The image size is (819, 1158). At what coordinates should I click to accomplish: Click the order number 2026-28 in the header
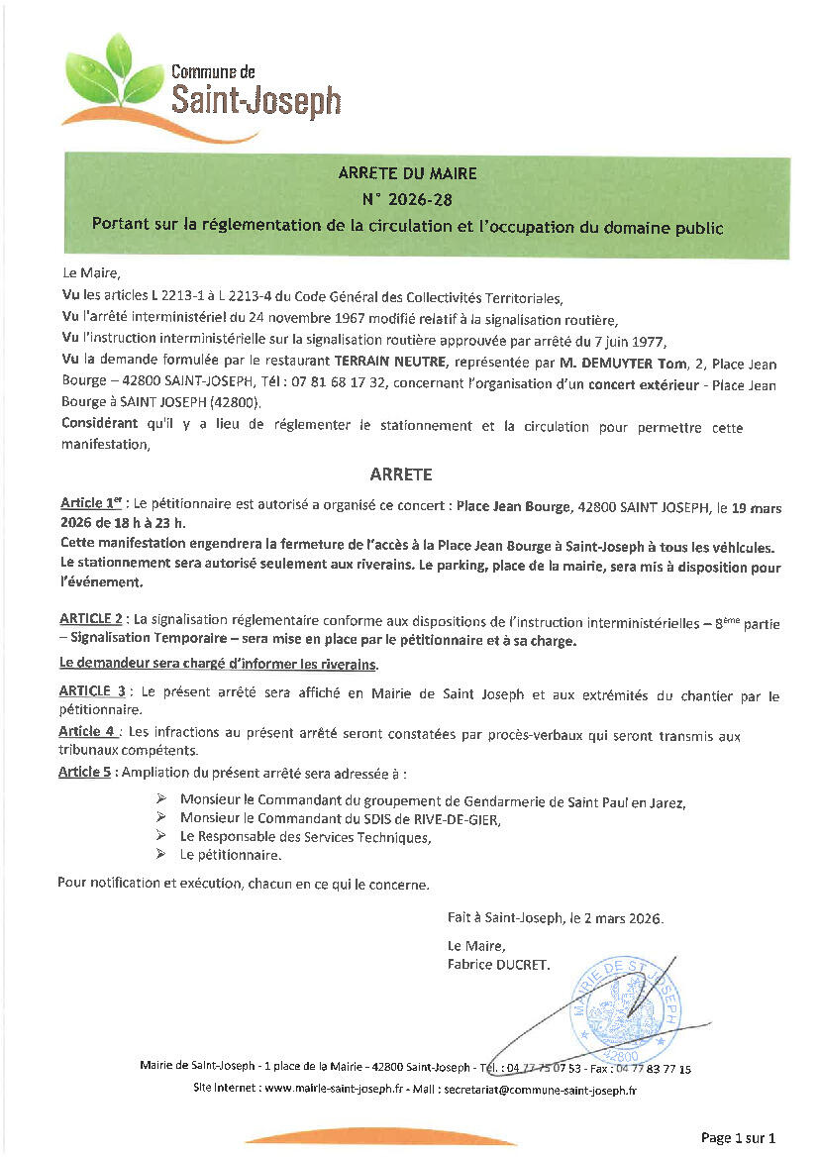408,199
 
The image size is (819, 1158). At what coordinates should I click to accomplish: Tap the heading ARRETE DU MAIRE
407,173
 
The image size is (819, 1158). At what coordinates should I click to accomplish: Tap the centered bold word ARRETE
401,474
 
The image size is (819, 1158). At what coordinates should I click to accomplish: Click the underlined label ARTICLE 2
91,619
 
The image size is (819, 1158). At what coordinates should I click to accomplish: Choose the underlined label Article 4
87,732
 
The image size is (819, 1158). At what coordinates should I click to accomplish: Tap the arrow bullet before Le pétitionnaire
161,855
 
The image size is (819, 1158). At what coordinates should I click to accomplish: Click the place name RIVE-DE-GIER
456,818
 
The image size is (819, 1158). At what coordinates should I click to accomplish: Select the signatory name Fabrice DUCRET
498,963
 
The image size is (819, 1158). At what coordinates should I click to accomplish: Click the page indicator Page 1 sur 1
738,1137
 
